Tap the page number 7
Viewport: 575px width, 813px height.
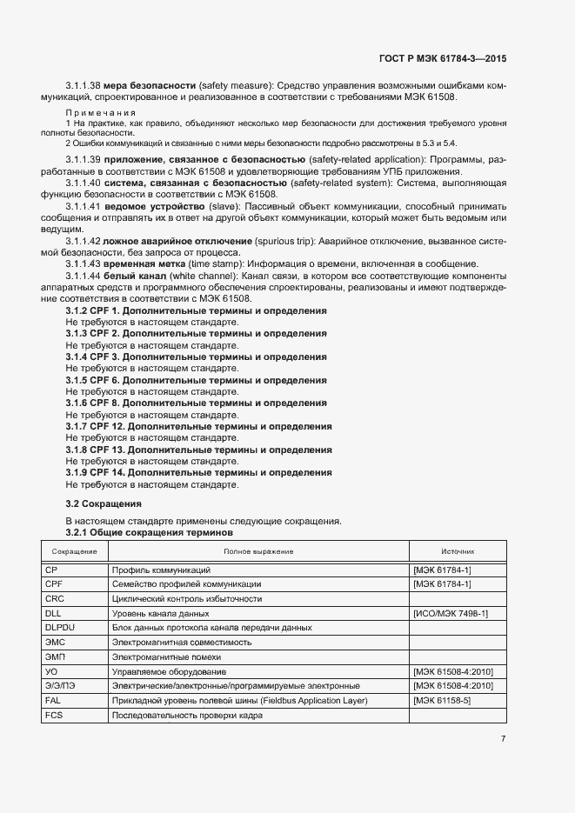coord(503,739)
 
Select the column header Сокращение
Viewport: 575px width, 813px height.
coord(74,551)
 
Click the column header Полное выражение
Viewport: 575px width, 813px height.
coord(258,551)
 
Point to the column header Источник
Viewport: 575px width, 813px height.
coord(458,551)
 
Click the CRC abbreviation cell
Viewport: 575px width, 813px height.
coord(55,599)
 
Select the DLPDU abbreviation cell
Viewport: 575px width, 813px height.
coord(60,628)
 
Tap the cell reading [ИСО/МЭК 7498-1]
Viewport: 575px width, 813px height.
coord(451,614)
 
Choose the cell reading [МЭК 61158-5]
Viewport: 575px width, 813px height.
coord(443,701)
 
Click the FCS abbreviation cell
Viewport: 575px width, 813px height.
coord(54,716)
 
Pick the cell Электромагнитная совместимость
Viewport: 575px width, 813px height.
coord(182,643)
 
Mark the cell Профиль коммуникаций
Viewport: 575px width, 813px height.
coord(161,570)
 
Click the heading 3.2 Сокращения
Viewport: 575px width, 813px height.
coord(104,503)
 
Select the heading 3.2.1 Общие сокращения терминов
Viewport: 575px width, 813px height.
coord(150,531)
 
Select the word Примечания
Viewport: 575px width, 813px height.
coord(101,113)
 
